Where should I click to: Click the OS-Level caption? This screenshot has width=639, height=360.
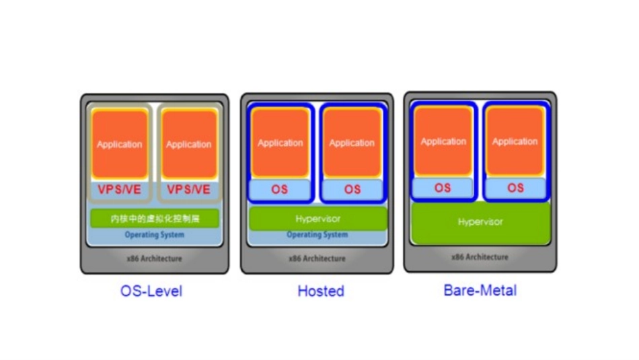(151, 291)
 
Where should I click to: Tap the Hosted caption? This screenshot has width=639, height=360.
(321, 291)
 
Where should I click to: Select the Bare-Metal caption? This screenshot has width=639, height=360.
(480, 290)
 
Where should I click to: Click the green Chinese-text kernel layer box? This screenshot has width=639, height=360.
(155, 219)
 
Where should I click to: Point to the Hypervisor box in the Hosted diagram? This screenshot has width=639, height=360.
(318, 219)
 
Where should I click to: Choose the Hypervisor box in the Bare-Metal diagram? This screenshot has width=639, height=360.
(480, 222)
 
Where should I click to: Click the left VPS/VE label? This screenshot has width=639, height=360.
(120, 190)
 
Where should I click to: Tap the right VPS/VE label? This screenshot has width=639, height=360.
(189, 190)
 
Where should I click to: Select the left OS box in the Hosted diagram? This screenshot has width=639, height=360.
(280, 189)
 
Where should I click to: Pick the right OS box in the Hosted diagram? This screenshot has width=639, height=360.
(352, 189)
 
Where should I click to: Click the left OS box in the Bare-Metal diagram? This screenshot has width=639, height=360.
(443, 188)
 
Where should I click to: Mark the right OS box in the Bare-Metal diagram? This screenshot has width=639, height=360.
(515, 188)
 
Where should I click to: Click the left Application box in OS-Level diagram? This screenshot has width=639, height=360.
(120, 144)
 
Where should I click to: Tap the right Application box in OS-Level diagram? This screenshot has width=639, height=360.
(189, 144)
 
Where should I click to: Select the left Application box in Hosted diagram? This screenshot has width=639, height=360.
(280, 143)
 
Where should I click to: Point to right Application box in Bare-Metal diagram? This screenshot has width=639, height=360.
(515, 141)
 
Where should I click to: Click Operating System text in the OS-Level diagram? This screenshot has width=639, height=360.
(155, 235)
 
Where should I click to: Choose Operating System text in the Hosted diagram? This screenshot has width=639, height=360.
(317, 235)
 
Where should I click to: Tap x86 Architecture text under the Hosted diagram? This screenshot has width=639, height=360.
(317, 258)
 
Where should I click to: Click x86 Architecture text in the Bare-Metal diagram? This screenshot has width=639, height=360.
(480, 257)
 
